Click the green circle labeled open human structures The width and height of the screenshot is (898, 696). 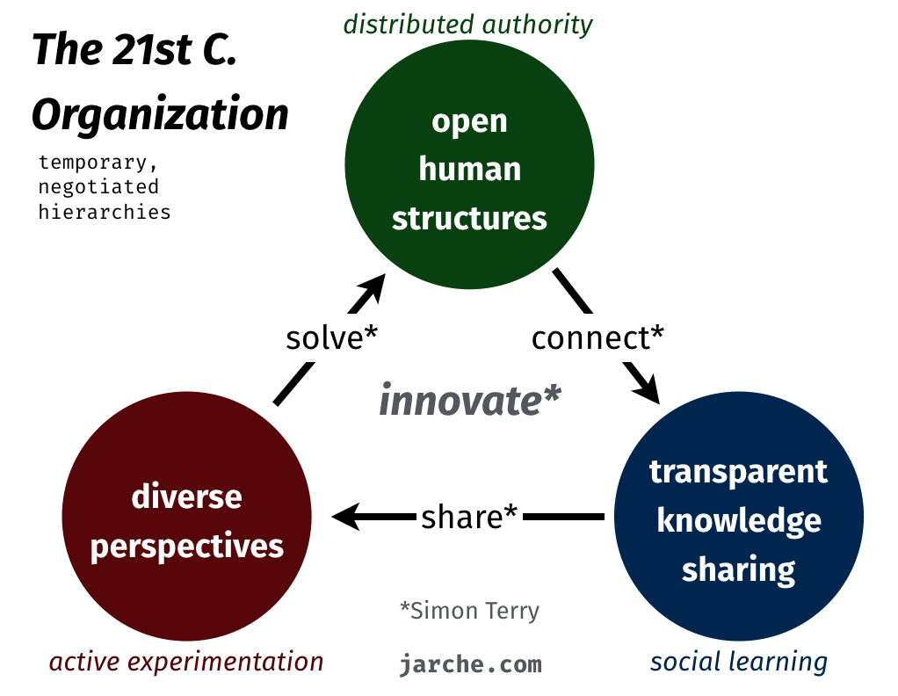click(x=469, y=164)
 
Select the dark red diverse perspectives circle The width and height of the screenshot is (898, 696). click(x=186, y=516)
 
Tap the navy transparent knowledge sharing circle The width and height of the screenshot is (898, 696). click(x=739, y=516)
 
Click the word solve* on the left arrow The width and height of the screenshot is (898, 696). click(x=331, y=337)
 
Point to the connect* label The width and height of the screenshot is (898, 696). click(x=597, y=337)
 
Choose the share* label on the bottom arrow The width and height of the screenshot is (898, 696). click(x=469, y=517)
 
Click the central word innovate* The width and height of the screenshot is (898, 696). click(x=469, y=400)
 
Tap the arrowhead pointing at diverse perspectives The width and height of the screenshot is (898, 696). click(x=345, y=517)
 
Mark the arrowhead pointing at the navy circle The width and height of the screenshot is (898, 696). click(x=646, y=388)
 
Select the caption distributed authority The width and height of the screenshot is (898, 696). click(x=468, y=25)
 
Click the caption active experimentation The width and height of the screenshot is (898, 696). click(x=186, y=663)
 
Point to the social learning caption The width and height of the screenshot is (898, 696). click(x=739, y=663)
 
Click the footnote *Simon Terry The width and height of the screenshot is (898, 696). click(x=469, y=612)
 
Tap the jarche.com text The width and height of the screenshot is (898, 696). click(x=470, y=664)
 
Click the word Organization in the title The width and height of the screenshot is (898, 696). click(x=160, y=114)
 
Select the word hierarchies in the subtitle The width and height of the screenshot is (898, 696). click(x=105, y=212)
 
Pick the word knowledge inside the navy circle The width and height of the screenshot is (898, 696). click(x=739, y=520)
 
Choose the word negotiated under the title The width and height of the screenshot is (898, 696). click(x=98, y=187)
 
